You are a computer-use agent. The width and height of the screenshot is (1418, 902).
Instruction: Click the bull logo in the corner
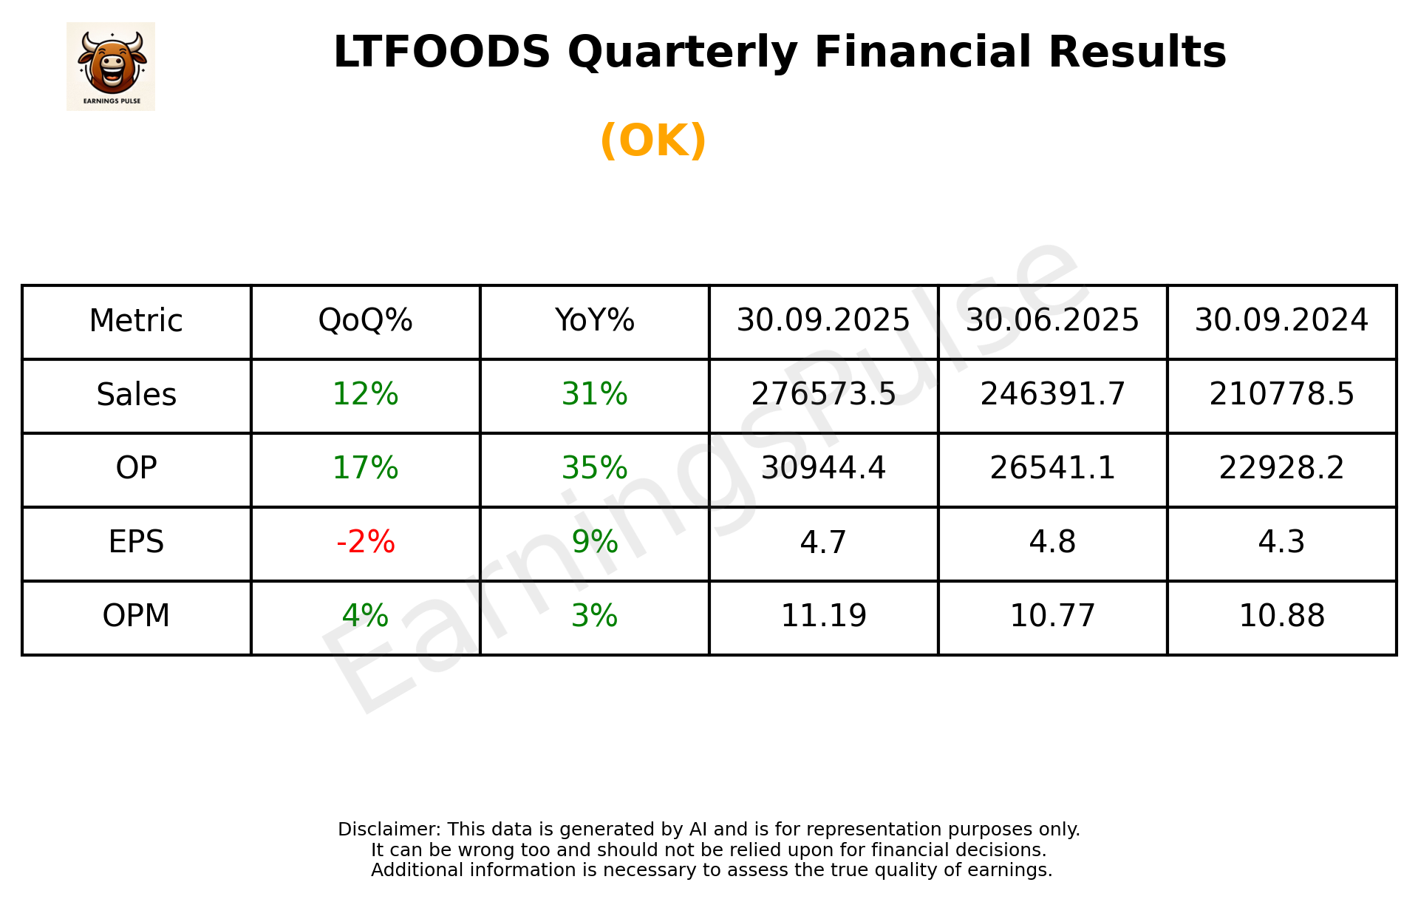pos(111,66)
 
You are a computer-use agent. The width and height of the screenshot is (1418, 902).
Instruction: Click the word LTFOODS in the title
pos(441,52)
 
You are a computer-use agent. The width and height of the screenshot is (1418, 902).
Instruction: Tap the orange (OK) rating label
pos(653,140)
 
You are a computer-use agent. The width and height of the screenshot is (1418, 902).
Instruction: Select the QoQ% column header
pos(365,321)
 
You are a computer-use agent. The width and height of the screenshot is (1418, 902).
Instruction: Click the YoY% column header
pos(594,321)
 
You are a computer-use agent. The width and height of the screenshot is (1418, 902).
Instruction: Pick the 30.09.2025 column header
pos(823,321)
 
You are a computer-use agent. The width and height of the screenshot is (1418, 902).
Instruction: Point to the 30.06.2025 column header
pos(1052,321)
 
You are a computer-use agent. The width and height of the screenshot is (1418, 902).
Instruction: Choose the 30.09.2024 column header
pos(1281,321)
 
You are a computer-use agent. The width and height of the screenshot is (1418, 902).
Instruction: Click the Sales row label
pos(137,395)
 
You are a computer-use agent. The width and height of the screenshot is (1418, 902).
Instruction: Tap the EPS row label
pos(137,543)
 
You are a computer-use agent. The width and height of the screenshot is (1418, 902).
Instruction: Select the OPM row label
pos(137,617)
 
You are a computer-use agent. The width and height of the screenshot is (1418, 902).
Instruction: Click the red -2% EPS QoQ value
pos(365,543)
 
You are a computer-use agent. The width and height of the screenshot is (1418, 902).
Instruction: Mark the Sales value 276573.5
pos(823,395)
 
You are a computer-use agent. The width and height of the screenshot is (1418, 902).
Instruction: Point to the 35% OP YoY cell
pos(594,469)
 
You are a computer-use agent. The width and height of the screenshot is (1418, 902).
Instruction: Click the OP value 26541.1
pos(1052,469)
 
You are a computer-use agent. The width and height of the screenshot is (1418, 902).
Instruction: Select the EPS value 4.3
pos(1281,543)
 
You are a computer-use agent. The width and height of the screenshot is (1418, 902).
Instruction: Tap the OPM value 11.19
pos(823,617)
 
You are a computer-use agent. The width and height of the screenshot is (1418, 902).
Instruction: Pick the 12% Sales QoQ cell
pos(365,395)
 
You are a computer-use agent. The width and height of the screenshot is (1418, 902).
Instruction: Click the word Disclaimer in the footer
pos(389,830)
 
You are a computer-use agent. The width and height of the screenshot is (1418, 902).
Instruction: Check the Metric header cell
pos(137,321)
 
